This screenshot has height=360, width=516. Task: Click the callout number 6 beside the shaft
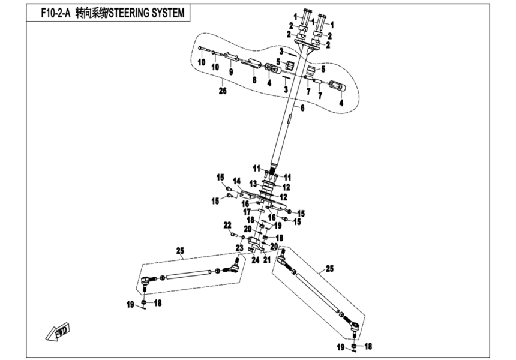pyautogui.click(x=302, y=108)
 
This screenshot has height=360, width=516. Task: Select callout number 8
pyautogui.click(x=254, y=80)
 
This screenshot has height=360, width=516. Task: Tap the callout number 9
pyautogui.click(x=231, y=71)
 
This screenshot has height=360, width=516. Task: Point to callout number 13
pyautogui.click(x=253, y=183)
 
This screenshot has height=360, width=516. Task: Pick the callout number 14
pyautogui.click(x=236, y=181)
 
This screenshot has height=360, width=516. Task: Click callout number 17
pyautogui.click(x=247, y=211)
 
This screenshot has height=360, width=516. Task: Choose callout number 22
pyautogui.click(x=227, y=224)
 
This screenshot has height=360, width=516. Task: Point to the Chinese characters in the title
pyautogui.click(x=88, y=13)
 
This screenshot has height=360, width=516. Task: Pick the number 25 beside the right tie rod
pyautogui.click(x=329, y=269)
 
